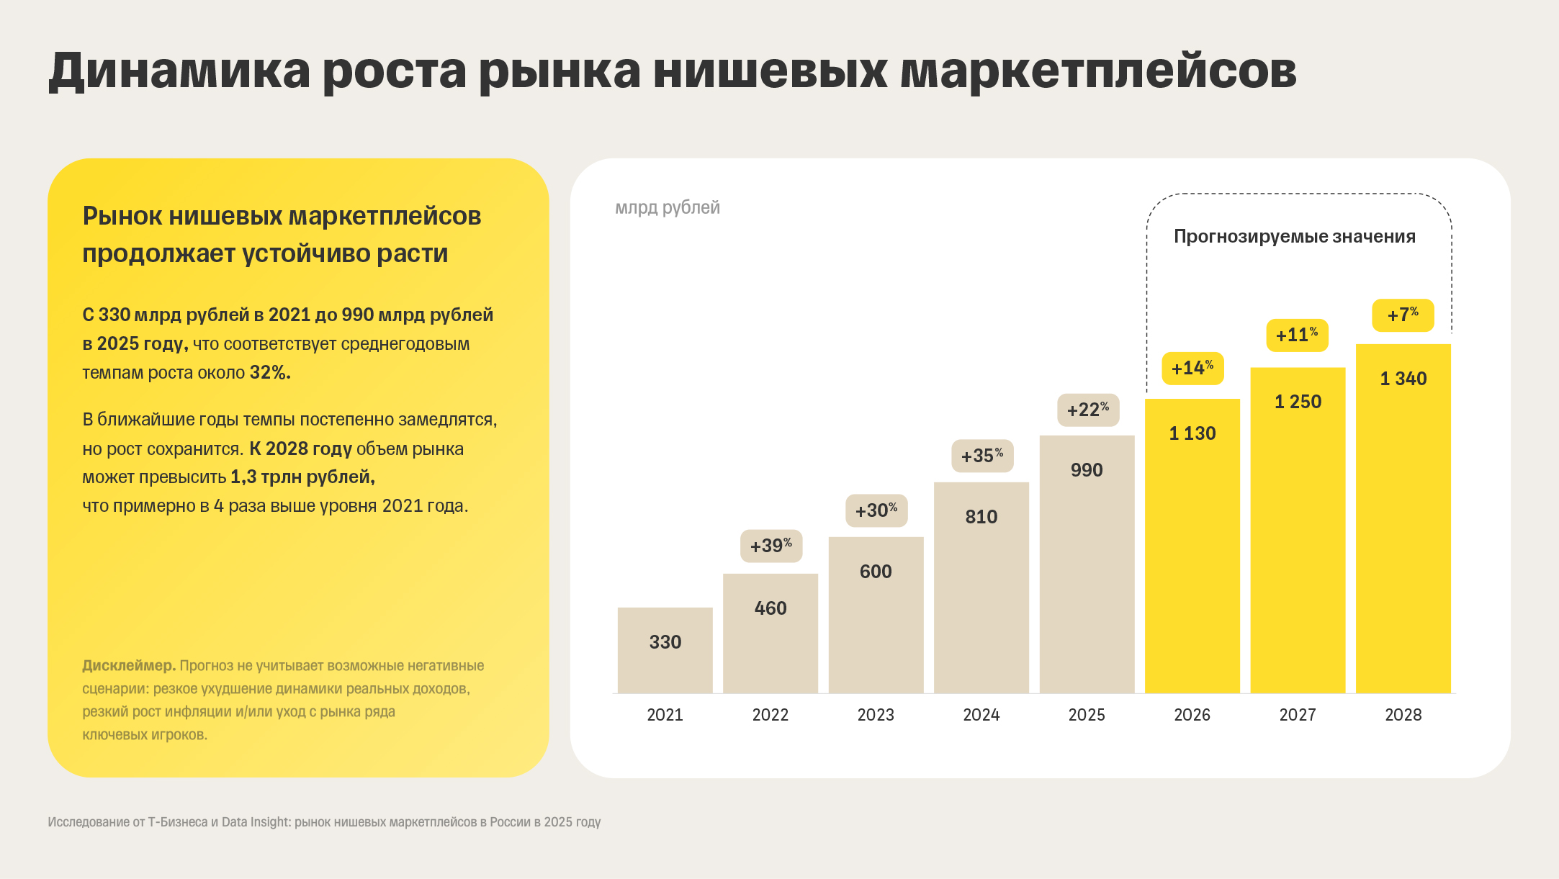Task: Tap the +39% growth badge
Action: [770, 546]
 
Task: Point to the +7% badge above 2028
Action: [1402, 315]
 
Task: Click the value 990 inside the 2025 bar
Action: [1086, 470]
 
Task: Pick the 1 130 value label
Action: [1192, 433]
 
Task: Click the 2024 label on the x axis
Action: [981, 715]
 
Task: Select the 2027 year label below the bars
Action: [1297, 715]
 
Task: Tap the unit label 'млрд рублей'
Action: [667, 207]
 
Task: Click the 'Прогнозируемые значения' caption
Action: [1294, 236]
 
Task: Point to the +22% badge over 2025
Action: [1087, 410]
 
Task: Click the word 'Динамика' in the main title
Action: [179, 71]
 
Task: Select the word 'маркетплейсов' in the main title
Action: [1097, 71]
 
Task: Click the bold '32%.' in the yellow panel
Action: [270, 373]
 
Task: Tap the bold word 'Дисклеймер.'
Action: [129, 665]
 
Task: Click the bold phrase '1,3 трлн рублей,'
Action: [302, 477]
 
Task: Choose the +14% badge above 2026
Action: [1192, 369]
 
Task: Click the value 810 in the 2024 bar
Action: [981, 517]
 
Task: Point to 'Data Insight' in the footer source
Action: [255, 822]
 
